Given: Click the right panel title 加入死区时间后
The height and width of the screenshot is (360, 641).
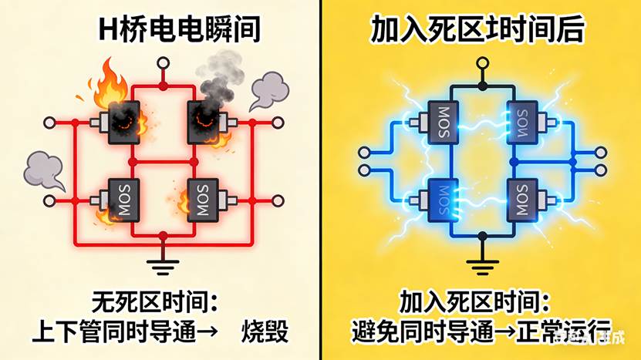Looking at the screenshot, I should click(477, 29).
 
